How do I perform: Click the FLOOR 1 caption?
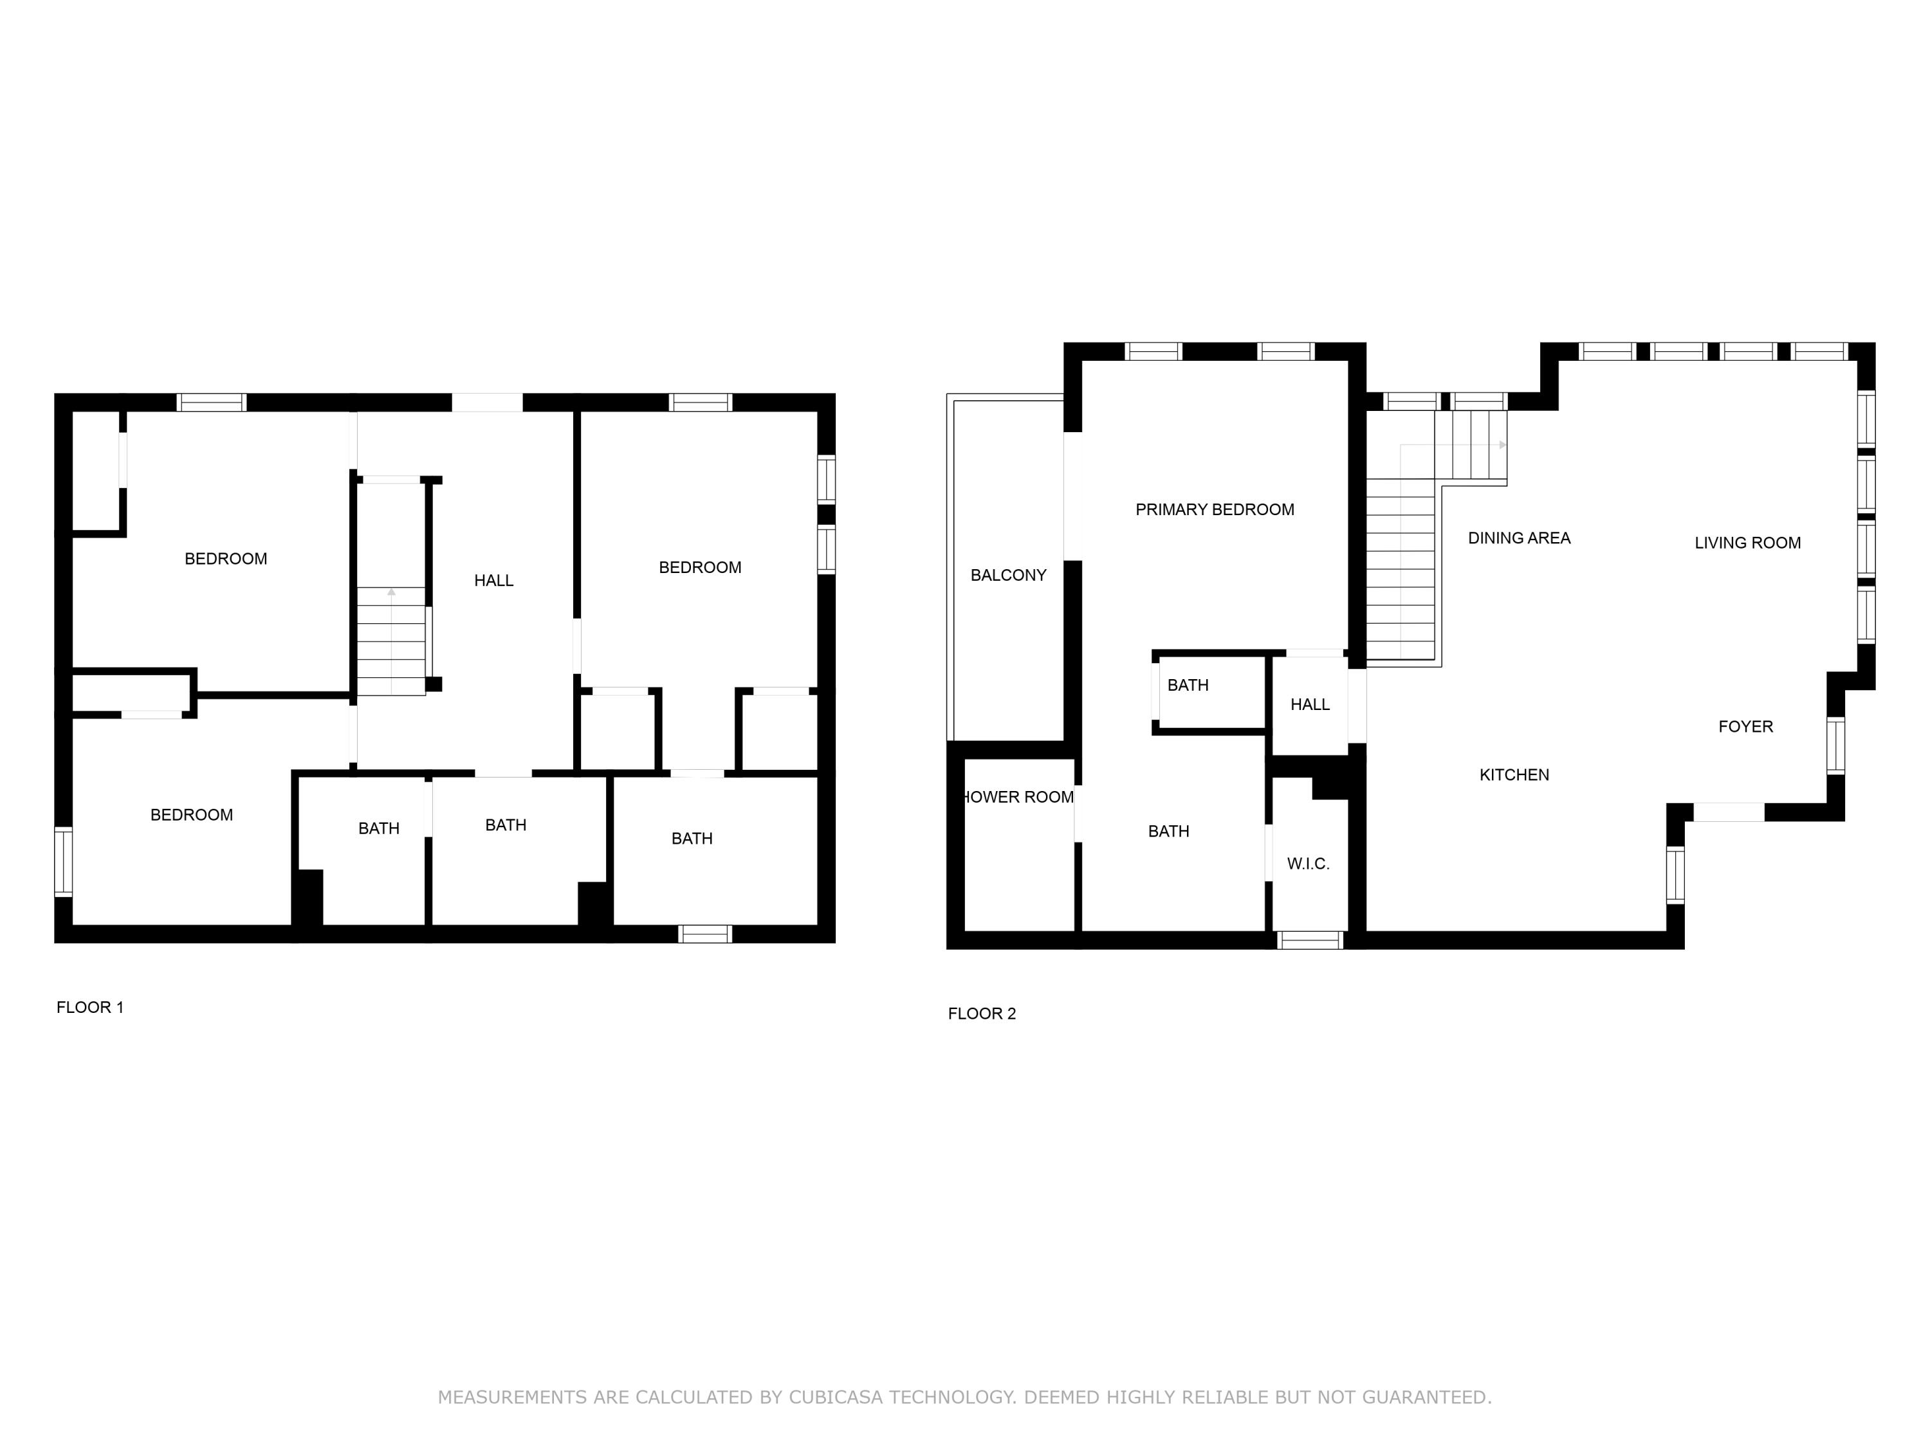[90, 1007]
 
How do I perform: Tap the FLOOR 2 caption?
[982, 1014]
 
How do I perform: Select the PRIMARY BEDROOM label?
[1215, 509]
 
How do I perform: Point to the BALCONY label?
[1007, 575]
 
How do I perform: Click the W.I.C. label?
[1308, 864]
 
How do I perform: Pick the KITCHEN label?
[1514, 774]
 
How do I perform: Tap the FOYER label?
[1745, 727]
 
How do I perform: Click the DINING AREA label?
[1519, 538]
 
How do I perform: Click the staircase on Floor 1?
[391, 641]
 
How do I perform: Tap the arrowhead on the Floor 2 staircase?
[1502, 445]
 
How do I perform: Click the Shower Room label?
[1018, 796]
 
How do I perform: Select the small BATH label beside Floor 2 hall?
[1188, 685]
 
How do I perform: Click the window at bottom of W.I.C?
[1310, 940]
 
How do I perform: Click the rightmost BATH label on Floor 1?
[692, 838]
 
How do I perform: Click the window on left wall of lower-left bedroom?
[63, 862]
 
